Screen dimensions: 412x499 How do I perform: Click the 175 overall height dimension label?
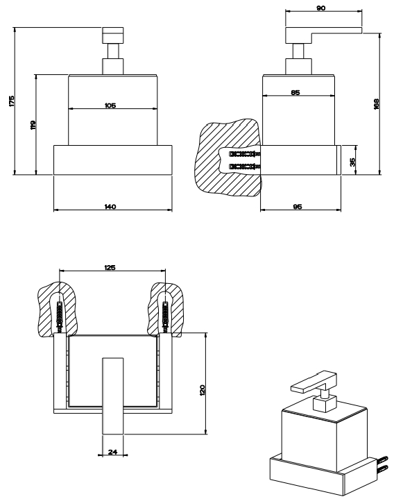[x=12, y=101]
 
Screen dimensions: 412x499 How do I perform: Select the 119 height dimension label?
[x=33, y=124]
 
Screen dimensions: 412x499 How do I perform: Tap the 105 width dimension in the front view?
[x=110, y=105]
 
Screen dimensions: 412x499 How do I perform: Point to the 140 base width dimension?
[x=110, y=207]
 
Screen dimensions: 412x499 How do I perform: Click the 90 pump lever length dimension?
[x=321, y=8]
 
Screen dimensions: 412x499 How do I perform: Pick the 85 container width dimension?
[x=295, y=92]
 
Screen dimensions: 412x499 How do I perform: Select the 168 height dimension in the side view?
[x=376, y=104]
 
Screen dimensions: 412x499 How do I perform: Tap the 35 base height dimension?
[x=352, y=162]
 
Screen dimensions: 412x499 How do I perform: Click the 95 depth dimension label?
[x=297, y=207]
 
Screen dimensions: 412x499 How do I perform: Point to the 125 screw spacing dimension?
[x=110, y=268]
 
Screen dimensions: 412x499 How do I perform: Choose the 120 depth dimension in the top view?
[x=203, y=390]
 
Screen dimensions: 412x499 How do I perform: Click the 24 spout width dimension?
[x=112, y=452]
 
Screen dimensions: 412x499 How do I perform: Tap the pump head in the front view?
[x=112, y=35]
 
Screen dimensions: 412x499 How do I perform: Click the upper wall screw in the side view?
[x=245, y=154]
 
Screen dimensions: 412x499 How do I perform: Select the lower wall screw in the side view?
[x=245, y=166]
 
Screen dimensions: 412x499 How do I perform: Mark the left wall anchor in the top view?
[x=60, y=315]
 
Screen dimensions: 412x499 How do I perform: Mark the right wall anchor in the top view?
[x=165, y=315]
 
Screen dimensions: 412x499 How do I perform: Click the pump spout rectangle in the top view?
[x=112, y=396]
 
